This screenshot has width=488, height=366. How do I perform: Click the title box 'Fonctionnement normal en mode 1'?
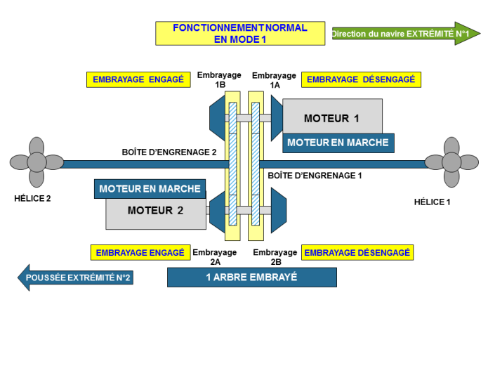pyautogui.click(x=240, y=33)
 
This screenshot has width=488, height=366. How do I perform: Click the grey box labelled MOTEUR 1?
pyautogui.click(x=331, y=117)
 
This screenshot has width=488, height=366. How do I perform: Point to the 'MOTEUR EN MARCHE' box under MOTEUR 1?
pyautogui.click(x=338, y=143)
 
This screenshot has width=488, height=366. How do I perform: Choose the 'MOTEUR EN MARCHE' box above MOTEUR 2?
pyautogui.click(x=150, y=189)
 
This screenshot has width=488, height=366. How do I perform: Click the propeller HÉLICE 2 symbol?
pyautogui.click(x=37, y=164)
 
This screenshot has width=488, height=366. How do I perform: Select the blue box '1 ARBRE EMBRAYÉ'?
pyautogui.click(x=251, y=277)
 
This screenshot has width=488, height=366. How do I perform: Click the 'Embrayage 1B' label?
pyautogui.click(x=219, y=80)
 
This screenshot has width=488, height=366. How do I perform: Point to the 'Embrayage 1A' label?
pyautogui.click(x=274, y=80)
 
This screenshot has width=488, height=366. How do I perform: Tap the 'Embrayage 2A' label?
pyautogui.click(x=215, y=257)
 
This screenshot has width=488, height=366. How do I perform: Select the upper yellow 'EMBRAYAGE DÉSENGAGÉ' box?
pyautogui.click(x=361, y=79)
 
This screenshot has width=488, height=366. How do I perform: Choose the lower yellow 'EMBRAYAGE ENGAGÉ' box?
pyautogui.click(x=140, y=252)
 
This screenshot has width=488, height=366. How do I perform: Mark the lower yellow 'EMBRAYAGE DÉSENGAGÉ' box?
pyautogui.click(x=357, y=252)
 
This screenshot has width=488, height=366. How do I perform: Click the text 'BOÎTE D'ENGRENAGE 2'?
pyautogui.click(x=169, y=152)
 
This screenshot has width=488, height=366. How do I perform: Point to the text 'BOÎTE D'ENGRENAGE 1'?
pyautogui.click(x=315, y=176)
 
